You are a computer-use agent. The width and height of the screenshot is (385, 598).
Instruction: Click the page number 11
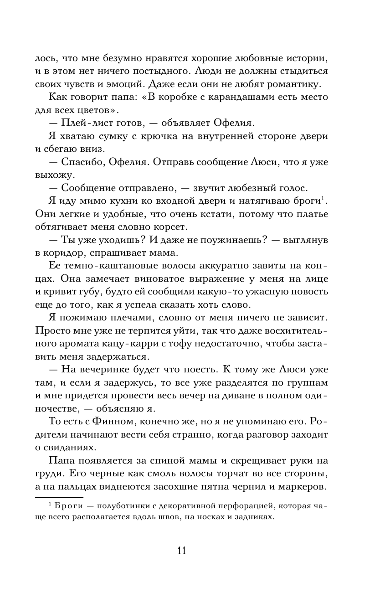(x=181, y=550)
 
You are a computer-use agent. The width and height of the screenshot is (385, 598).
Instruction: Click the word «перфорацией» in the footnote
(x=242, y=505)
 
